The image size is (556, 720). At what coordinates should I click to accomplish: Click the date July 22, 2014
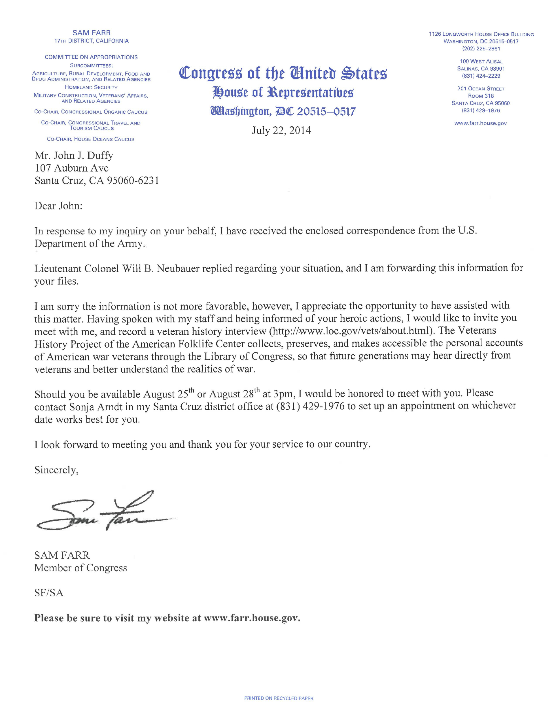[x=281, y=131]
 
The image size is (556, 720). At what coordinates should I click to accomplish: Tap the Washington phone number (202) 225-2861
[x=481, y=49]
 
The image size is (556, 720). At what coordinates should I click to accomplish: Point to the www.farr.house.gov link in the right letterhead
[x=480, y=123]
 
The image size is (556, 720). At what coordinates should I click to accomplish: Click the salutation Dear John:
[x=58, y=206]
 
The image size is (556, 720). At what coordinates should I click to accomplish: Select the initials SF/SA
[x=49, y=593]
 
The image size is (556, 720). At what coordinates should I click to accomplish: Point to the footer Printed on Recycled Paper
[x=279, y=698]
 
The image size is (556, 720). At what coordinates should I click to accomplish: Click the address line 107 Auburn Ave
[x=72, y=168]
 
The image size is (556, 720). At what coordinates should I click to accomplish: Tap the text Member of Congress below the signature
[x=81, y=568]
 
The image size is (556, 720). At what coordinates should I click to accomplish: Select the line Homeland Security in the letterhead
[x=91, y=88]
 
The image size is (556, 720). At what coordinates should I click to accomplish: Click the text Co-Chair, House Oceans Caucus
[x=91, y=139]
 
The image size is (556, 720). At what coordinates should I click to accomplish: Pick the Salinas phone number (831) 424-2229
[x=481, y=76]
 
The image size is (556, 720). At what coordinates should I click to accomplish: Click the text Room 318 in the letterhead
[x=480, y=96]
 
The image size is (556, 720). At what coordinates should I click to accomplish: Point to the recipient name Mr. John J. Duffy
[x=74, y=156]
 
